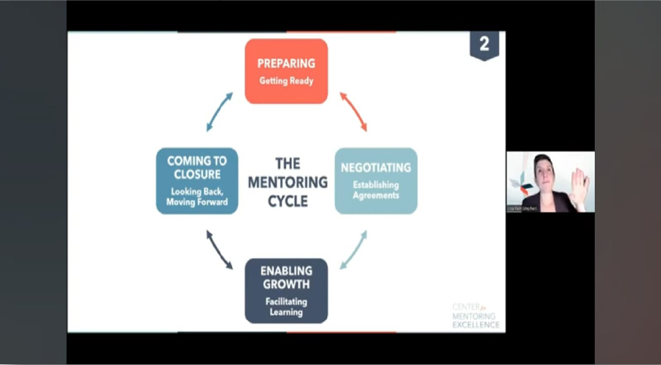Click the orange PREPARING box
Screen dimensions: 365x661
[x=286, y=71]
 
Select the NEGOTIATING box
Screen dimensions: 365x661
[x=376, y=181]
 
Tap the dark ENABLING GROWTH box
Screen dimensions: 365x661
[x=286, y=290]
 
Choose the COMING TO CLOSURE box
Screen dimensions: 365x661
[x=197, y=181]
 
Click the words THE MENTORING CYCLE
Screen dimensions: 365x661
[x=287, y=182]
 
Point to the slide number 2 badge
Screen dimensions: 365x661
[x=484, y=45]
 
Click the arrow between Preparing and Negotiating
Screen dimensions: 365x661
[x=353, y=111]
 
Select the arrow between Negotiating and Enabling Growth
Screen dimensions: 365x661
[x=353, y=250]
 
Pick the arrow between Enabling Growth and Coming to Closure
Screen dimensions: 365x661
[x=219, y=250]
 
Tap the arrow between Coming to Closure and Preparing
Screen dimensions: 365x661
[x=219, y=111]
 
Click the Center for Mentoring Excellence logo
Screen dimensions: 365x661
[x=475, y=315]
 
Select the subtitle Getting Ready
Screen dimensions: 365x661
[x=286, y=81]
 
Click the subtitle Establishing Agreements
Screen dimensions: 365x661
[x=376, y=190]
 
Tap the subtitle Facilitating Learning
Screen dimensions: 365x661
[x=286, y=307]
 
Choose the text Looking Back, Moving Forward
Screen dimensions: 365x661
[x=197, y=197]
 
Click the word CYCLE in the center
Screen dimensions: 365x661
[x=287, y=201]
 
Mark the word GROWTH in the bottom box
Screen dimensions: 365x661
[x=286, y=284]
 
